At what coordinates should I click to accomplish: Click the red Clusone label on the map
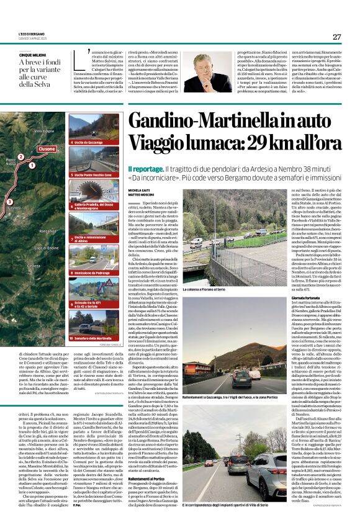(47, 149)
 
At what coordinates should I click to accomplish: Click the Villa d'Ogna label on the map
(44, 132)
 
